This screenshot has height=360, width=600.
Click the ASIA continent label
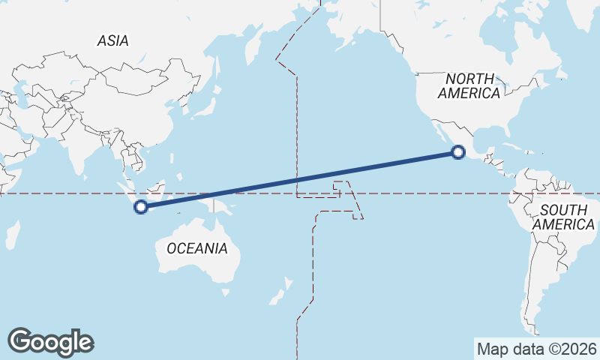pos(112,41)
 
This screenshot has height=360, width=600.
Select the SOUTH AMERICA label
pos(564,217)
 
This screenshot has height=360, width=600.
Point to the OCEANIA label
pos(196,248)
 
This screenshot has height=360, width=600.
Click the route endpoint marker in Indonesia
pos(140,208)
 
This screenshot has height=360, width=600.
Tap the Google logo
pos(50,341)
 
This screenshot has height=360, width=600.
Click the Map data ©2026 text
pos(536,349)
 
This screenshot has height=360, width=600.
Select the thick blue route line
pos(300,180)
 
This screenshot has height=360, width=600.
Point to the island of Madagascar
pos(11,234)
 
